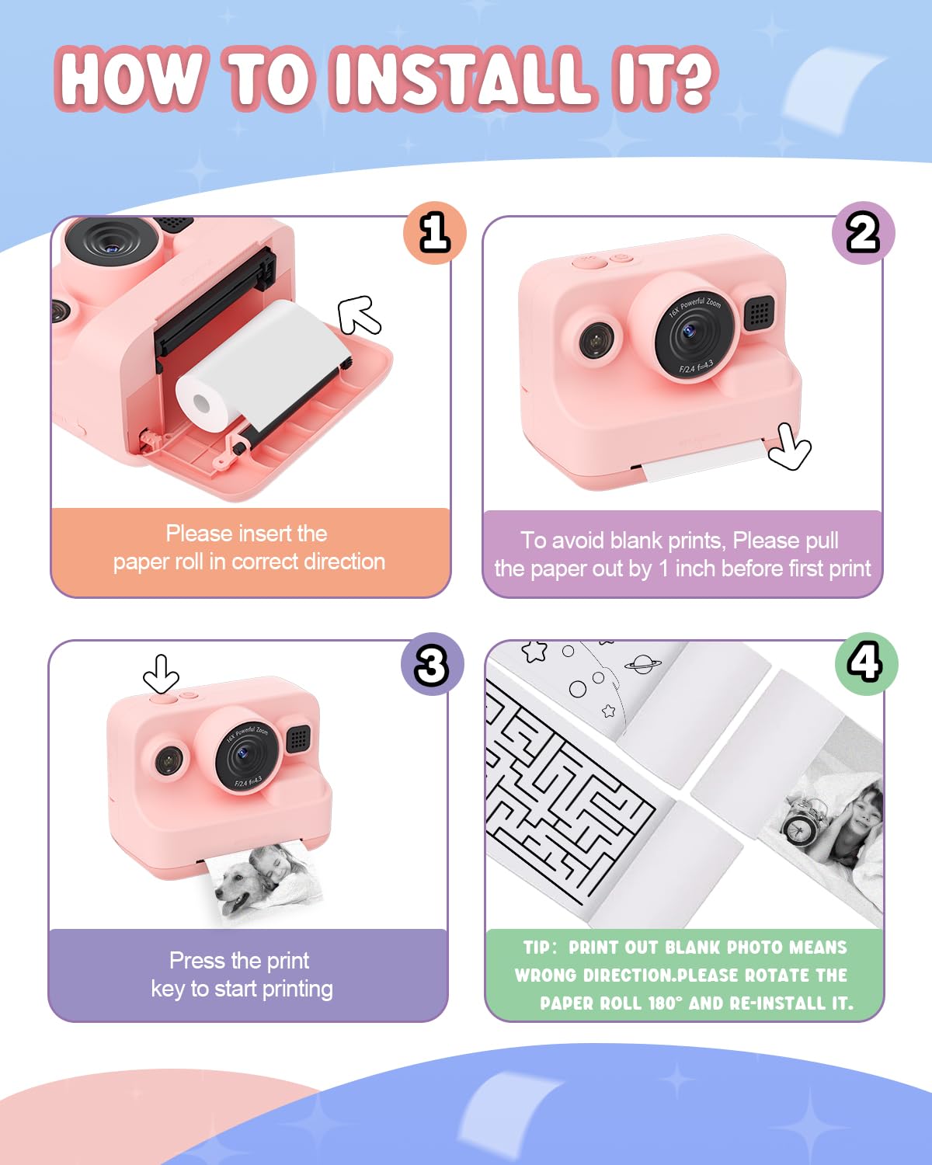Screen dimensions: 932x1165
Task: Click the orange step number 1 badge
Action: pos(434,233)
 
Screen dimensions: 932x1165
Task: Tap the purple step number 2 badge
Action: pos(863,233)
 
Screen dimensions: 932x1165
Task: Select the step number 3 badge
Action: pos(432,664)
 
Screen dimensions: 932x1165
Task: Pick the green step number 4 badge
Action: pos(866,664)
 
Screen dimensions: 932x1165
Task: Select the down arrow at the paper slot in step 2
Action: pos(789,447)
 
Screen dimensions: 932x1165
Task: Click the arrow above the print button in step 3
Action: pos(161,673)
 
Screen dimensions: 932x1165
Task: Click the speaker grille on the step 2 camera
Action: pos(760,313)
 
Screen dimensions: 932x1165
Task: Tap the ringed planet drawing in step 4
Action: pos(643,664)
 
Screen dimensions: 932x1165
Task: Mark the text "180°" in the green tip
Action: pos(665,1003)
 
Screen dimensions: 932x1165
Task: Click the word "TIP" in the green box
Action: pos(537,947)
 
